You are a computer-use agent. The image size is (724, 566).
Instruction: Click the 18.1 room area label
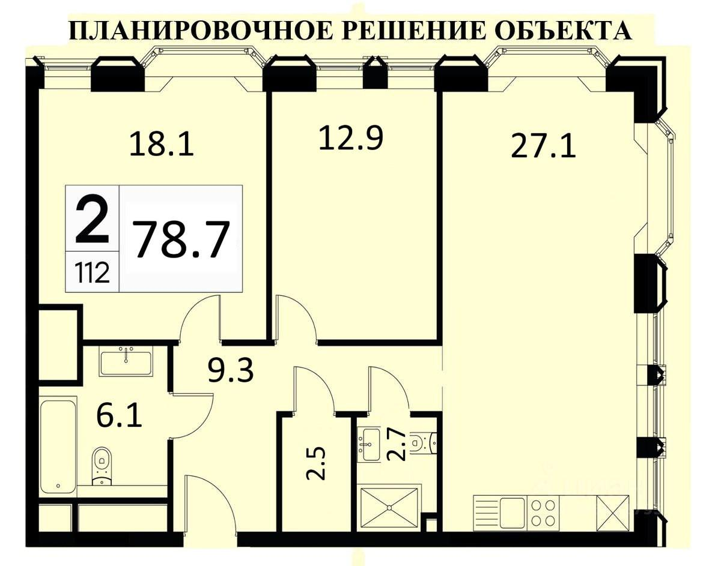[162, 143]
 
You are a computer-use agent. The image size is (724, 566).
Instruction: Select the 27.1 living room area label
[543, 146]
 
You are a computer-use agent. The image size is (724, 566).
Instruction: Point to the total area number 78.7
[181, 239]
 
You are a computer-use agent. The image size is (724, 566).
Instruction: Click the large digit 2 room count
[92, 218]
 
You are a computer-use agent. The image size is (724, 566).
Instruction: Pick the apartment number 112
[92, 273]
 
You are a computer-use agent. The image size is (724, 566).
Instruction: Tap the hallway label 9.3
[231, 370]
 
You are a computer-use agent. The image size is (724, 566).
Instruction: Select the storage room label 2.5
[316, 462]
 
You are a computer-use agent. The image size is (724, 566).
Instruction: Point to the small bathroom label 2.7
[397, 445]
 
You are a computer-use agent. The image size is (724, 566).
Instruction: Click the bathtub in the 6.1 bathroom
[58, 444]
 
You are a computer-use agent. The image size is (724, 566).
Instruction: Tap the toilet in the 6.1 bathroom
[102, 465]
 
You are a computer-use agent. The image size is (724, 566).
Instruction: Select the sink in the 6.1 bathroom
[126, 361]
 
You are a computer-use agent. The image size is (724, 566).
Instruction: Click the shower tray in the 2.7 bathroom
[389, 507]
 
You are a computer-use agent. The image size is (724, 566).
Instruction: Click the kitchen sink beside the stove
[511, 512]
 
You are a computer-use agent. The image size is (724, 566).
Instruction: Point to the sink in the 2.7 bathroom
[369, 444]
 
